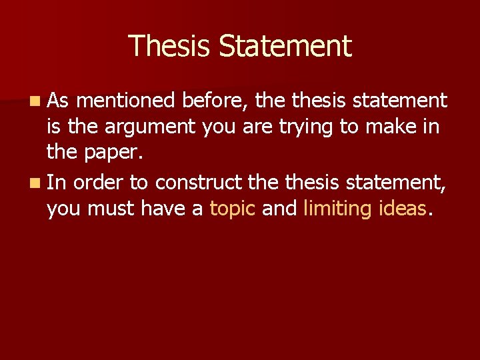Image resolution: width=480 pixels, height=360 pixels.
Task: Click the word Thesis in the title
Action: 170,46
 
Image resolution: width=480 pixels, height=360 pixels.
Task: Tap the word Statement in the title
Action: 285,46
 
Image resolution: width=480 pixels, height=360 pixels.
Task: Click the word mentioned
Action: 125,101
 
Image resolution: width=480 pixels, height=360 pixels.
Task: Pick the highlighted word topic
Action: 233,209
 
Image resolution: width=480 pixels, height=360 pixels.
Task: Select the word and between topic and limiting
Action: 279,209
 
